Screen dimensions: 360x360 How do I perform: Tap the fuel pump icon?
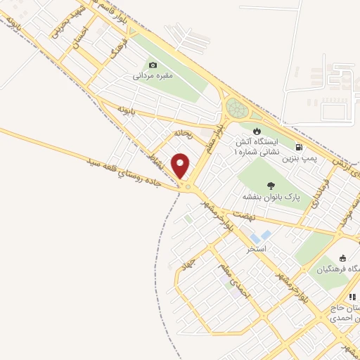tap(300, 148)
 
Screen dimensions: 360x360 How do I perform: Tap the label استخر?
tap(255, 249)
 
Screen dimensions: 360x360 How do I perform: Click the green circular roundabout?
tap(238, 110)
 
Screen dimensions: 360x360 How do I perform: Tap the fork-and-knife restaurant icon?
tap(352, 297)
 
